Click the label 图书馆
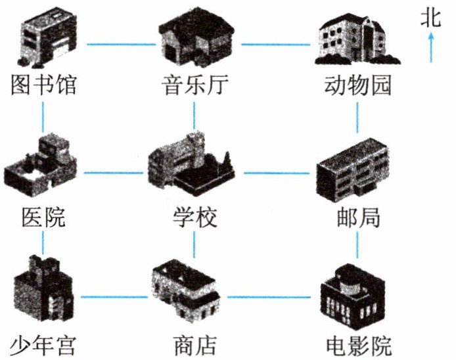coord(43,85)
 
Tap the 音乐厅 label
coord(194,85)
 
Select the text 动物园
coord(358,85)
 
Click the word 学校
coord(194,216)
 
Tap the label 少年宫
coord(43,344)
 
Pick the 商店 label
coord(194,344)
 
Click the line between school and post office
coord(276,173)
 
